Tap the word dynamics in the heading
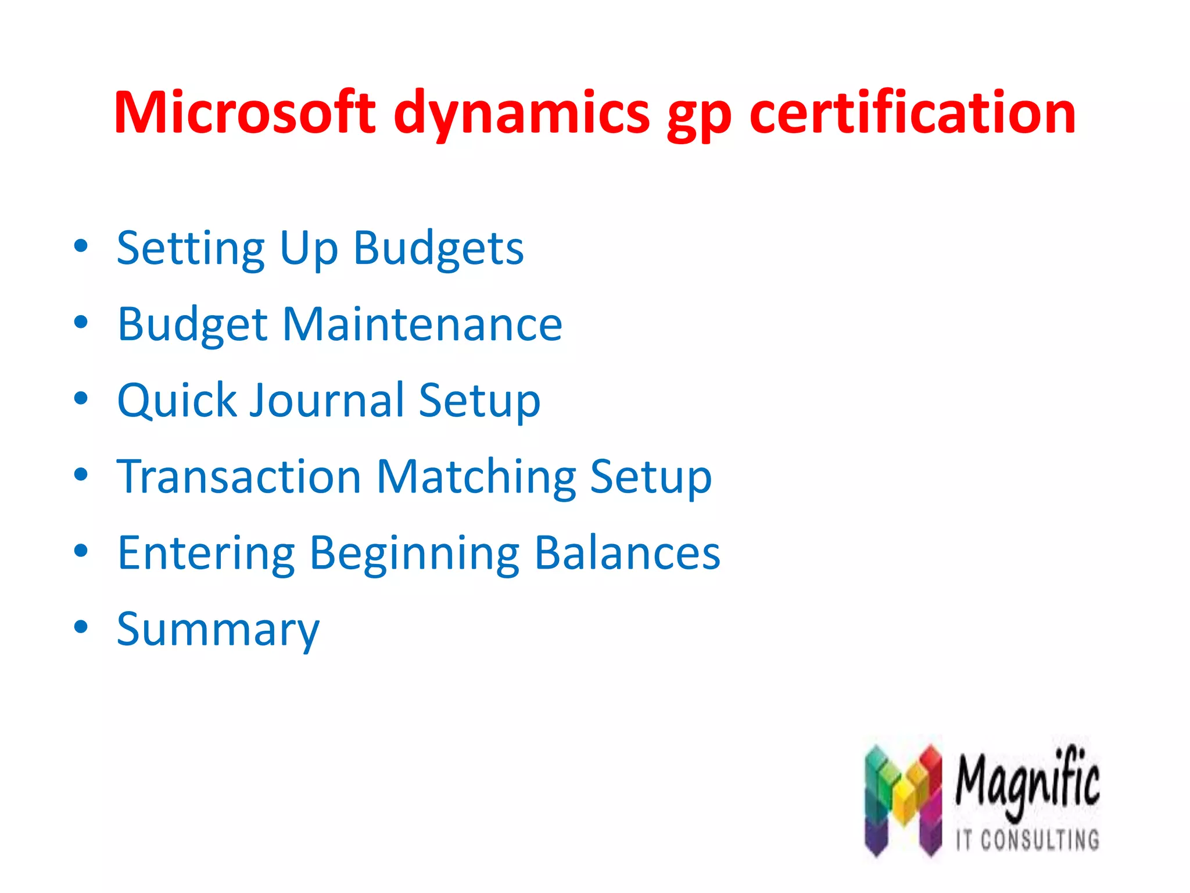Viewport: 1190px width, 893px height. click(521, 114)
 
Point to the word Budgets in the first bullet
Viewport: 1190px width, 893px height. click(439, 249)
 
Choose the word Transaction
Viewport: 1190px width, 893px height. click(239, 476)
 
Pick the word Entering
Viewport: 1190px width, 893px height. click(206, 553)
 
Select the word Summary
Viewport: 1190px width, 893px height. click(218, 630)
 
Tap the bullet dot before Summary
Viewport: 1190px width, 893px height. click(81, 627)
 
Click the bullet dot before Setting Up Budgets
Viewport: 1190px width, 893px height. click(81, 246)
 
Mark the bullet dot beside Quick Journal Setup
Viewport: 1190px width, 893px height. click(81, 398)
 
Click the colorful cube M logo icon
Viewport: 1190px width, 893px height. click(902, 800)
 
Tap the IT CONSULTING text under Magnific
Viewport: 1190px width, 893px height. click(1027, 841)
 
